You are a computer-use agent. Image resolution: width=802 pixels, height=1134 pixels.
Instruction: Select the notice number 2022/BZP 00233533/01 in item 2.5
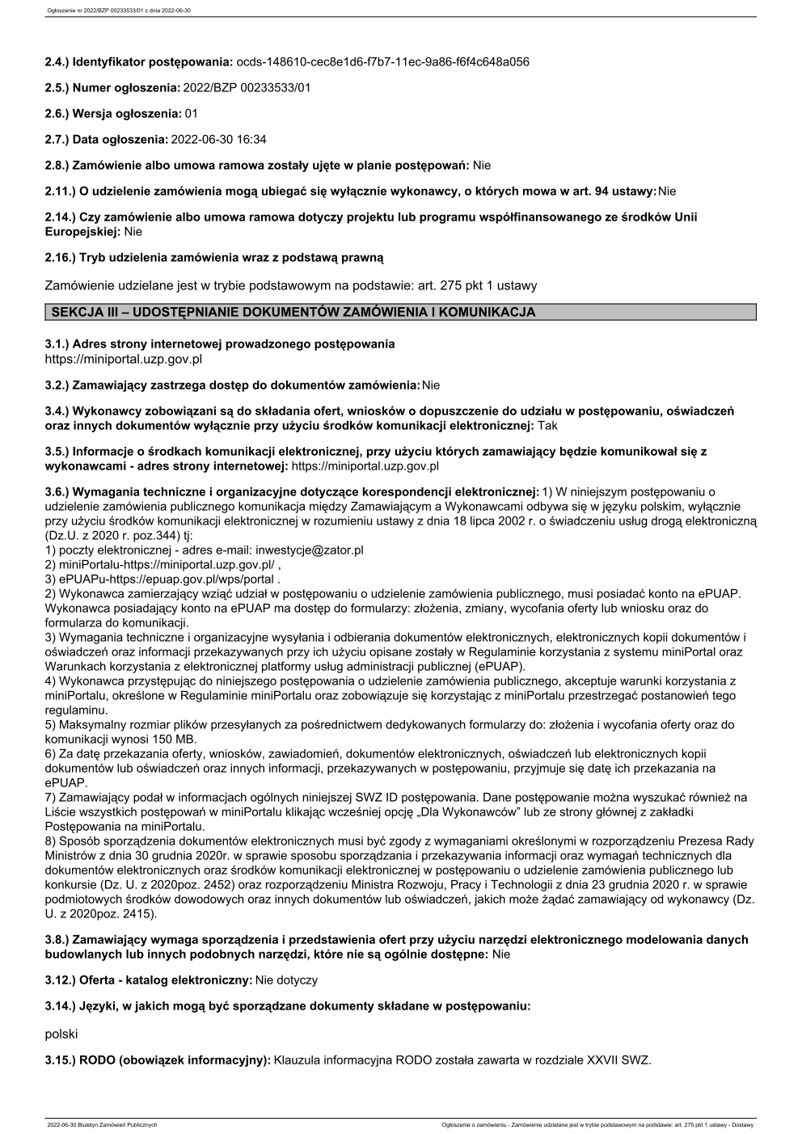[247, 87]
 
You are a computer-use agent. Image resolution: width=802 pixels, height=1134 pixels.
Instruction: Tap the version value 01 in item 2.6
[191, 113]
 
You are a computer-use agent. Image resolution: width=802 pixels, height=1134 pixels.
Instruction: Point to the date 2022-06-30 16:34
[218, 140]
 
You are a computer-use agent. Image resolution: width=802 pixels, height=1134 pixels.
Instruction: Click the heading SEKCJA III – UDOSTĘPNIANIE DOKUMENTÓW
[293, 312]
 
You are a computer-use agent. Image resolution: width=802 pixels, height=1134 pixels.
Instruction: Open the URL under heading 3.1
[124, 358]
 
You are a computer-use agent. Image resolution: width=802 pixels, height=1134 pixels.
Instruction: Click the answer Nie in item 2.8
[482, 166]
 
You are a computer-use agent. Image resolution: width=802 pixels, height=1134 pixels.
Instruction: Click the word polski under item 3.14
[61, 1034]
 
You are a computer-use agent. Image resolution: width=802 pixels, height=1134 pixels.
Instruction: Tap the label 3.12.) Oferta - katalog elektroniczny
[148, 980]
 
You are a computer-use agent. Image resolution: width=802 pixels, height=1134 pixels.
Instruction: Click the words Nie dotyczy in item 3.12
[286, 980]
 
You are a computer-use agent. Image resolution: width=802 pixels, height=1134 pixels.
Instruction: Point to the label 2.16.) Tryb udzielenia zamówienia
[214, 258]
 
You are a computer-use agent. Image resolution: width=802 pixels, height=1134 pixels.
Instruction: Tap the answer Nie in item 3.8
[501, 955]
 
